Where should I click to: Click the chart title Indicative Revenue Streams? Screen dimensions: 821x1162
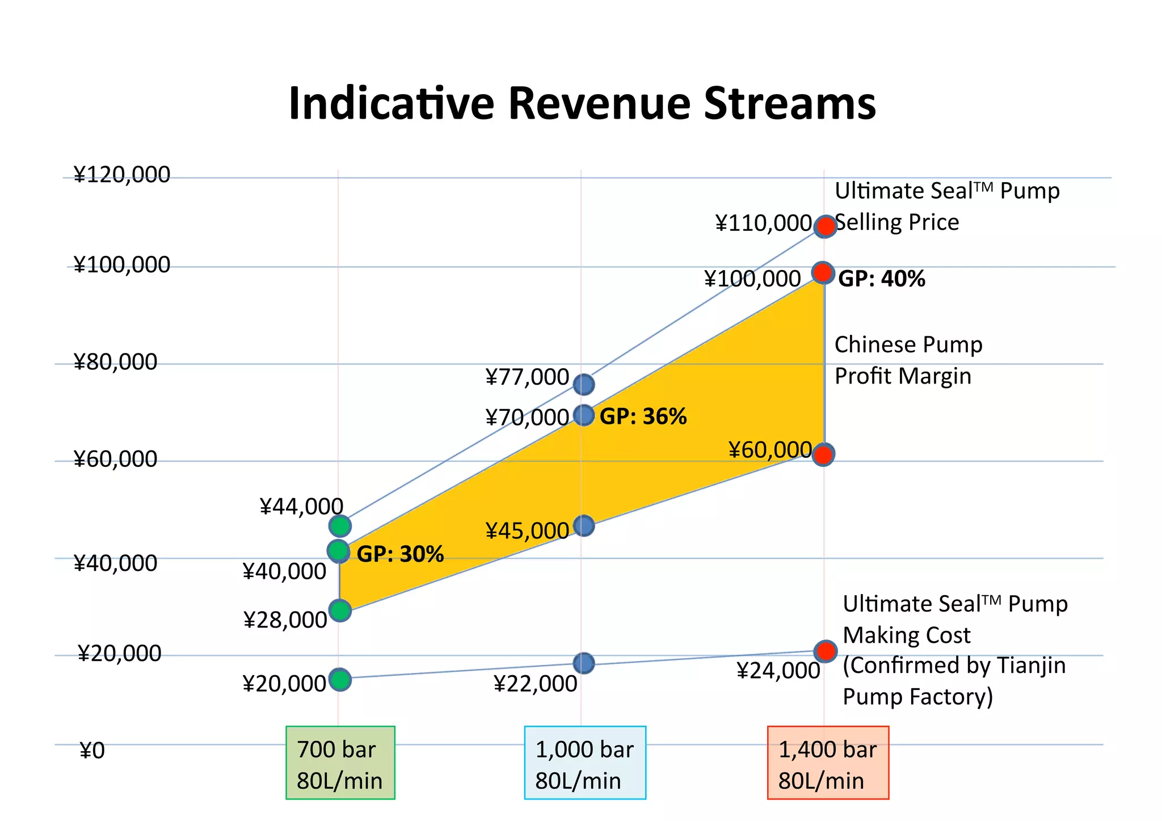(x=582, y=103)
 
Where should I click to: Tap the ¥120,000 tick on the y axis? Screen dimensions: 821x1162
(x=121, y=175)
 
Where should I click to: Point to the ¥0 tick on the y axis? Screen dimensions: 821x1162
(x=92, y=751)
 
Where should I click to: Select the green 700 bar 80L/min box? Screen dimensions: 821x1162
(x=340, y=763)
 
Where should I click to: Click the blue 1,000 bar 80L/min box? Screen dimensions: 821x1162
(x=584, y=763)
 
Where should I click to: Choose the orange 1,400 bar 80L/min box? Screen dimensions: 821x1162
(x=828, y=763)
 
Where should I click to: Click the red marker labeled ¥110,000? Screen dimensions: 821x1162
(x=825, y=226)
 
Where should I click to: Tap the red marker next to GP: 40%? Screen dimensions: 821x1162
(x=823, y=273)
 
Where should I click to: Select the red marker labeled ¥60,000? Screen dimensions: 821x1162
(x=823, y=454)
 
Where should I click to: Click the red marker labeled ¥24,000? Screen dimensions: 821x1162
(x=825, y=651)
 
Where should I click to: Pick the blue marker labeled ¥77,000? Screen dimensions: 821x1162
(x=584, y=385)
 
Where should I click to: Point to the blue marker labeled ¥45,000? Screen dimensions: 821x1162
(x=584, y=526)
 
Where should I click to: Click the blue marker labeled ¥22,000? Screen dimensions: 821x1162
(x=584, y=663)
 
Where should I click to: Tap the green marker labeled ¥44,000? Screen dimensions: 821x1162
(x=340, y=526)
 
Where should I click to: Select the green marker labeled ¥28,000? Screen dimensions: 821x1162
(x=340, y=611)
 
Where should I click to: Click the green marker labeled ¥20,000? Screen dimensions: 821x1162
(x=340, y=679)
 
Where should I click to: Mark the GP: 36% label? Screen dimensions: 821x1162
(x=643, y=417)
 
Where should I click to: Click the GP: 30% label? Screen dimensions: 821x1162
(x=400, y=554)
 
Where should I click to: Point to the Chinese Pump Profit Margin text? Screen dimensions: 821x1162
(x=908, y=360)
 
